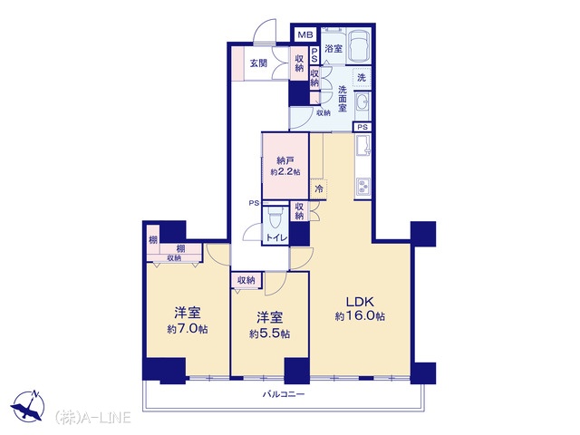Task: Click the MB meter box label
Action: tap(305, 35)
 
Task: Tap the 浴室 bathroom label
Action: tap(333, 48)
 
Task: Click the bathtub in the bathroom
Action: tap(360, 45)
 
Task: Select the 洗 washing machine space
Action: tap(362, 78)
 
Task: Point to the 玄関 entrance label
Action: tap(258, 63)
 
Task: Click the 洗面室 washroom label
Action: tap(343, 99)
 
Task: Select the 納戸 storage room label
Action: tap(285, 160)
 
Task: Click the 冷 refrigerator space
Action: tap(318, 189)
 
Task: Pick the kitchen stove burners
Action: tap(362, 187)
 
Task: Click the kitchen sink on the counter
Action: tap(362, 145)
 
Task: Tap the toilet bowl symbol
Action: tap(275, 217)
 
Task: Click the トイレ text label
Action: tap(276, 238)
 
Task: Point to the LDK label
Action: tap(360, 302)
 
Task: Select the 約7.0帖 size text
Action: tap(188, 329)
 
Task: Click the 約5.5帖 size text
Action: tap(269, 334)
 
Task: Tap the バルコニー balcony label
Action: tap(284, 394)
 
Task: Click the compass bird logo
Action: tap(28, 405)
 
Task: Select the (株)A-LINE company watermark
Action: tap(92, 417)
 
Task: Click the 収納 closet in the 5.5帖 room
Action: tap(246, 280)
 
